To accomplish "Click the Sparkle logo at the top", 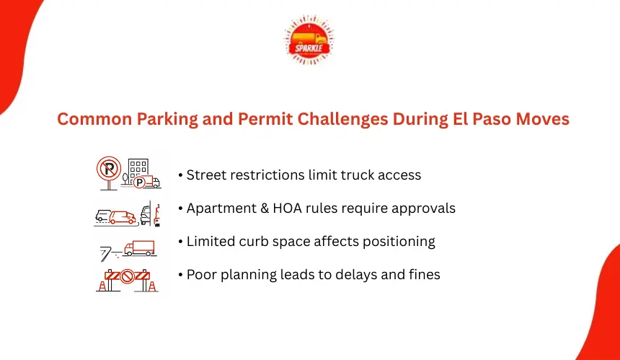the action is (309, 40).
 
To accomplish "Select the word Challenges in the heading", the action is (343, 120).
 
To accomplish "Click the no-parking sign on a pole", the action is (109, 173).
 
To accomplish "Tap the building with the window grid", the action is (138, 170).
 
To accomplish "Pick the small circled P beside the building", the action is (139, 183).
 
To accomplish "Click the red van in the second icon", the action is (123, 217).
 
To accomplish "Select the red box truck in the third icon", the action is (139, 248).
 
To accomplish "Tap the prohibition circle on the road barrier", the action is (128, 276).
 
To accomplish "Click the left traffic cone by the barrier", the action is (102, 286).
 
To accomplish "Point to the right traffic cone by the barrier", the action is (152, 286).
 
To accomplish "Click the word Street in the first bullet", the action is (205, 175).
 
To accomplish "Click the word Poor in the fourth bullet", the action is (202, 275).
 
